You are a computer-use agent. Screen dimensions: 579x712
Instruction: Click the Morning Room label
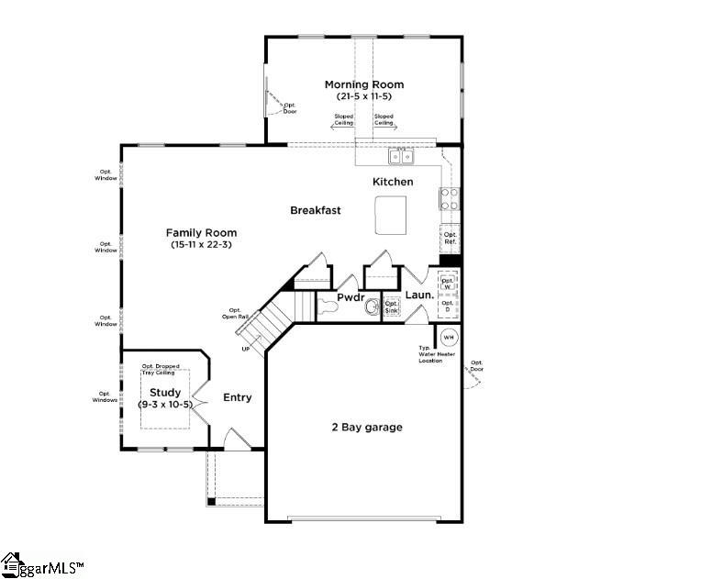pyautogui.click(x=363, y=84)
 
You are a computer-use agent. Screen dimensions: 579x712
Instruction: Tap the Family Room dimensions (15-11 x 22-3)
pyautogui.click(x=203, y=244)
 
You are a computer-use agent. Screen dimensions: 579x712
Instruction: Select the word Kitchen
pyautogui.click(x=393, y=182)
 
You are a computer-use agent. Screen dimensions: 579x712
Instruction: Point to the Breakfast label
pyautogui.click(x=316, y=210)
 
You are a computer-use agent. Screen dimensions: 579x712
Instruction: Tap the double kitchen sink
pyautogui.click(x=401, y=155)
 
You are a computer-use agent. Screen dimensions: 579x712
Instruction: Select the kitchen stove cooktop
pyautogui.click(x=450, y=198)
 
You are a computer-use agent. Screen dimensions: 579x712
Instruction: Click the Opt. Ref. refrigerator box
pyautogui.click(x=450, y=239)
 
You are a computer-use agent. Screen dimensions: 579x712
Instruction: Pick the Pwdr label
pyautogui.click(x=350, y=298)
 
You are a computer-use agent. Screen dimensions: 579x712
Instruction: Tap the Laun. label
pyautogui.click(x=419, y=295)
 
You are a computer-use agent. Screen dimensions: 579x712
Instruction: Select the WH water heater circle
pyautogui.click(x=449, y=337)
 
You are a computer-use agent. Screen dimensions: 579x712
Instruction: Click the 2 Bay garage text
pyautogui.click(x=366, y=427)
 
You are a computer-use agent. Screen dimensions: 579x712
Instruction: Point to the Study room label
pyautogui.click(x=165, y=392)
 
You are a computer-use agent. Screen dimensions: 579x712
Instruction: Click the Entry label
pyautogui.click(x=237, y=397)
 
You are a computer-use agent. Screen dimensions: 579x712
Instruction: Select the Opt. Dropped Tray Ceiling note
pyautogui.click(x=160, y=370)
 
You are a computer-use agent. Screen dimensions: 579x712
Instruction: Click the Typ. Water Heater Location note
pyautogui.click(x=430, y=354)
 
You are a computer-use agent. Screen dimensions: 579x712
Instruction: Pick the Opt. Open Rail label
pyautogui.click(x=236, y=314)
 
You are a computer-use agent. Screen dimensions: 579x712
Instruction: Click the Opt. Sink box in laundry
pyautogui.click(x=391, y=306)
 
